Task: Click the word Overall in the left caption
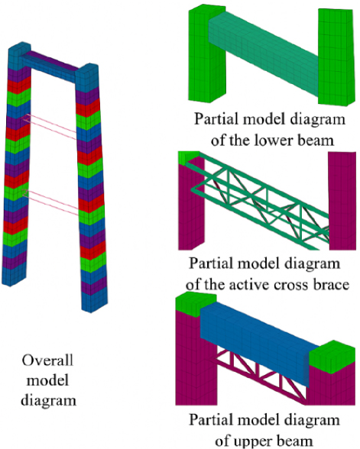47,360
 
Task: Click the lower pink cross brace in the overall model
52,202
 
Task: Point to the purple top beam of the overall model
53,60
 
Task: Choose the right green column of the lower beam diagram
336,57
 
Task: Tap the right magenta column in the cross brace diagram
342,200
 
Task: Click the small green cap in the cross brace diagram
188,157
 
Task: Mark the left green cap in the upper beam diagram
195,304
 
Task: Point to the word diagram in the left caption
48,400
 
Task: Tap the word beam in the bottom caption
297,441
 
